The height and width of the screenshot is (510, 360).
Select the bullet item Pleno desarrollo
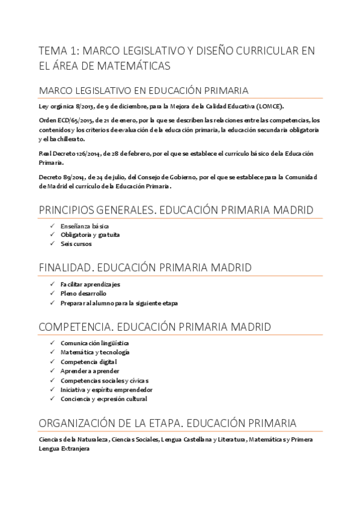click(83, 293)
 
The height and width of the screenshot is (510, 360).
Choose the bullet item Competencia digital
click(88, 362)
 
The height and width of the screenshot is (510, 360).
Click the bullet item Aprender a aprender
click(89, 372)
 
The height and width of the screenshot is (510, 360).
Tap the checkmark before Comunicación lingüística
click(53, 343)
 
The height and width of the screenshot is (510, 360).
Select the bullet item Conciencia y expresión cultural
click(103, 399)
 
